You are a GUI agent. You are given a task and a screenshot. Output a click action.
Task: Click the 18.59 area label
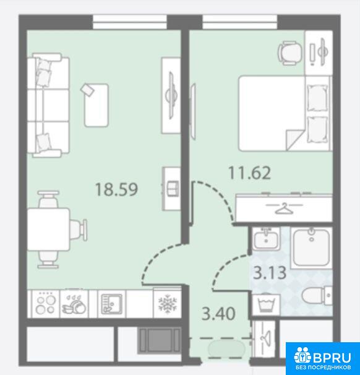tap(116, 189)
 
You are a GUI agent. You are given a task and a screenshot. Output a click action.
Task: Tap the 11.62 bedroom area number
tap(249, 173)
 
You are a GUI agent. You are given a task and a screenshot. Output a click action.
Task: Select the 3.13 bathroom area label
tap(270, 273)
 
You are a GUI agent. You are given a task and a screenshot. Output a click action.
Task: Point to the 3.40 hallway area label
tap(218, 314)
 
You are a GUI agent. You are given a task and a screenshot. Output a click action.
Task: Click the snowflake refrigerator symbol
tap(168, 304)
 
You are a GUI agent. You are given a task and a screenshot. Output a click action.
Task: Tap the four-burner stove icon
tap(45, 304)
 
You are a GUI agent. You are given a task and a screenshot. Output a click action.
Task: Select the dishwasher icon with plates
tap(74, 304)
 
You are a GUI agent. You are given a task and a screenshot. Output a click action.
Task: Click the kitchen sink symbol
tap(111, 304)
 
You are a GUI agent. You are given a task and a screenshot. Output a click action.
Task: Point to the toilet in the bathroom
tap(317, 296)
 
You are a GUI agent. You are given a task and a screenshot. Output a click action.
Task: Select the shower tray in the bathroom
tap(311, 248)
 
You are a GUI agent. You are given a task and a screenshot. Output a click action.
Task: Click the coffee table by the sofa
tap(96, 105)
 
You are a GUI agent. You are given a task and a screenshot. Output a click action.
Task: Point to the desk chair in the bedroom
tap(289, 53)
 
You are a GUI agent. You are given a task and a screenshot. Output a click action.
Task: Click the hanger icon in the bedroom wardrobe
tap(284, 207)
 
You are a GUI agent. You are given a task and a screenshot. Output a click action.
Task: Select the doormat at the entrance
tap(226, 348)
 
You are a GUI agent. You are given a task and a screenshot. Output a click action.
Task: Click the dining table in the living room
tap(48, 229)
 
